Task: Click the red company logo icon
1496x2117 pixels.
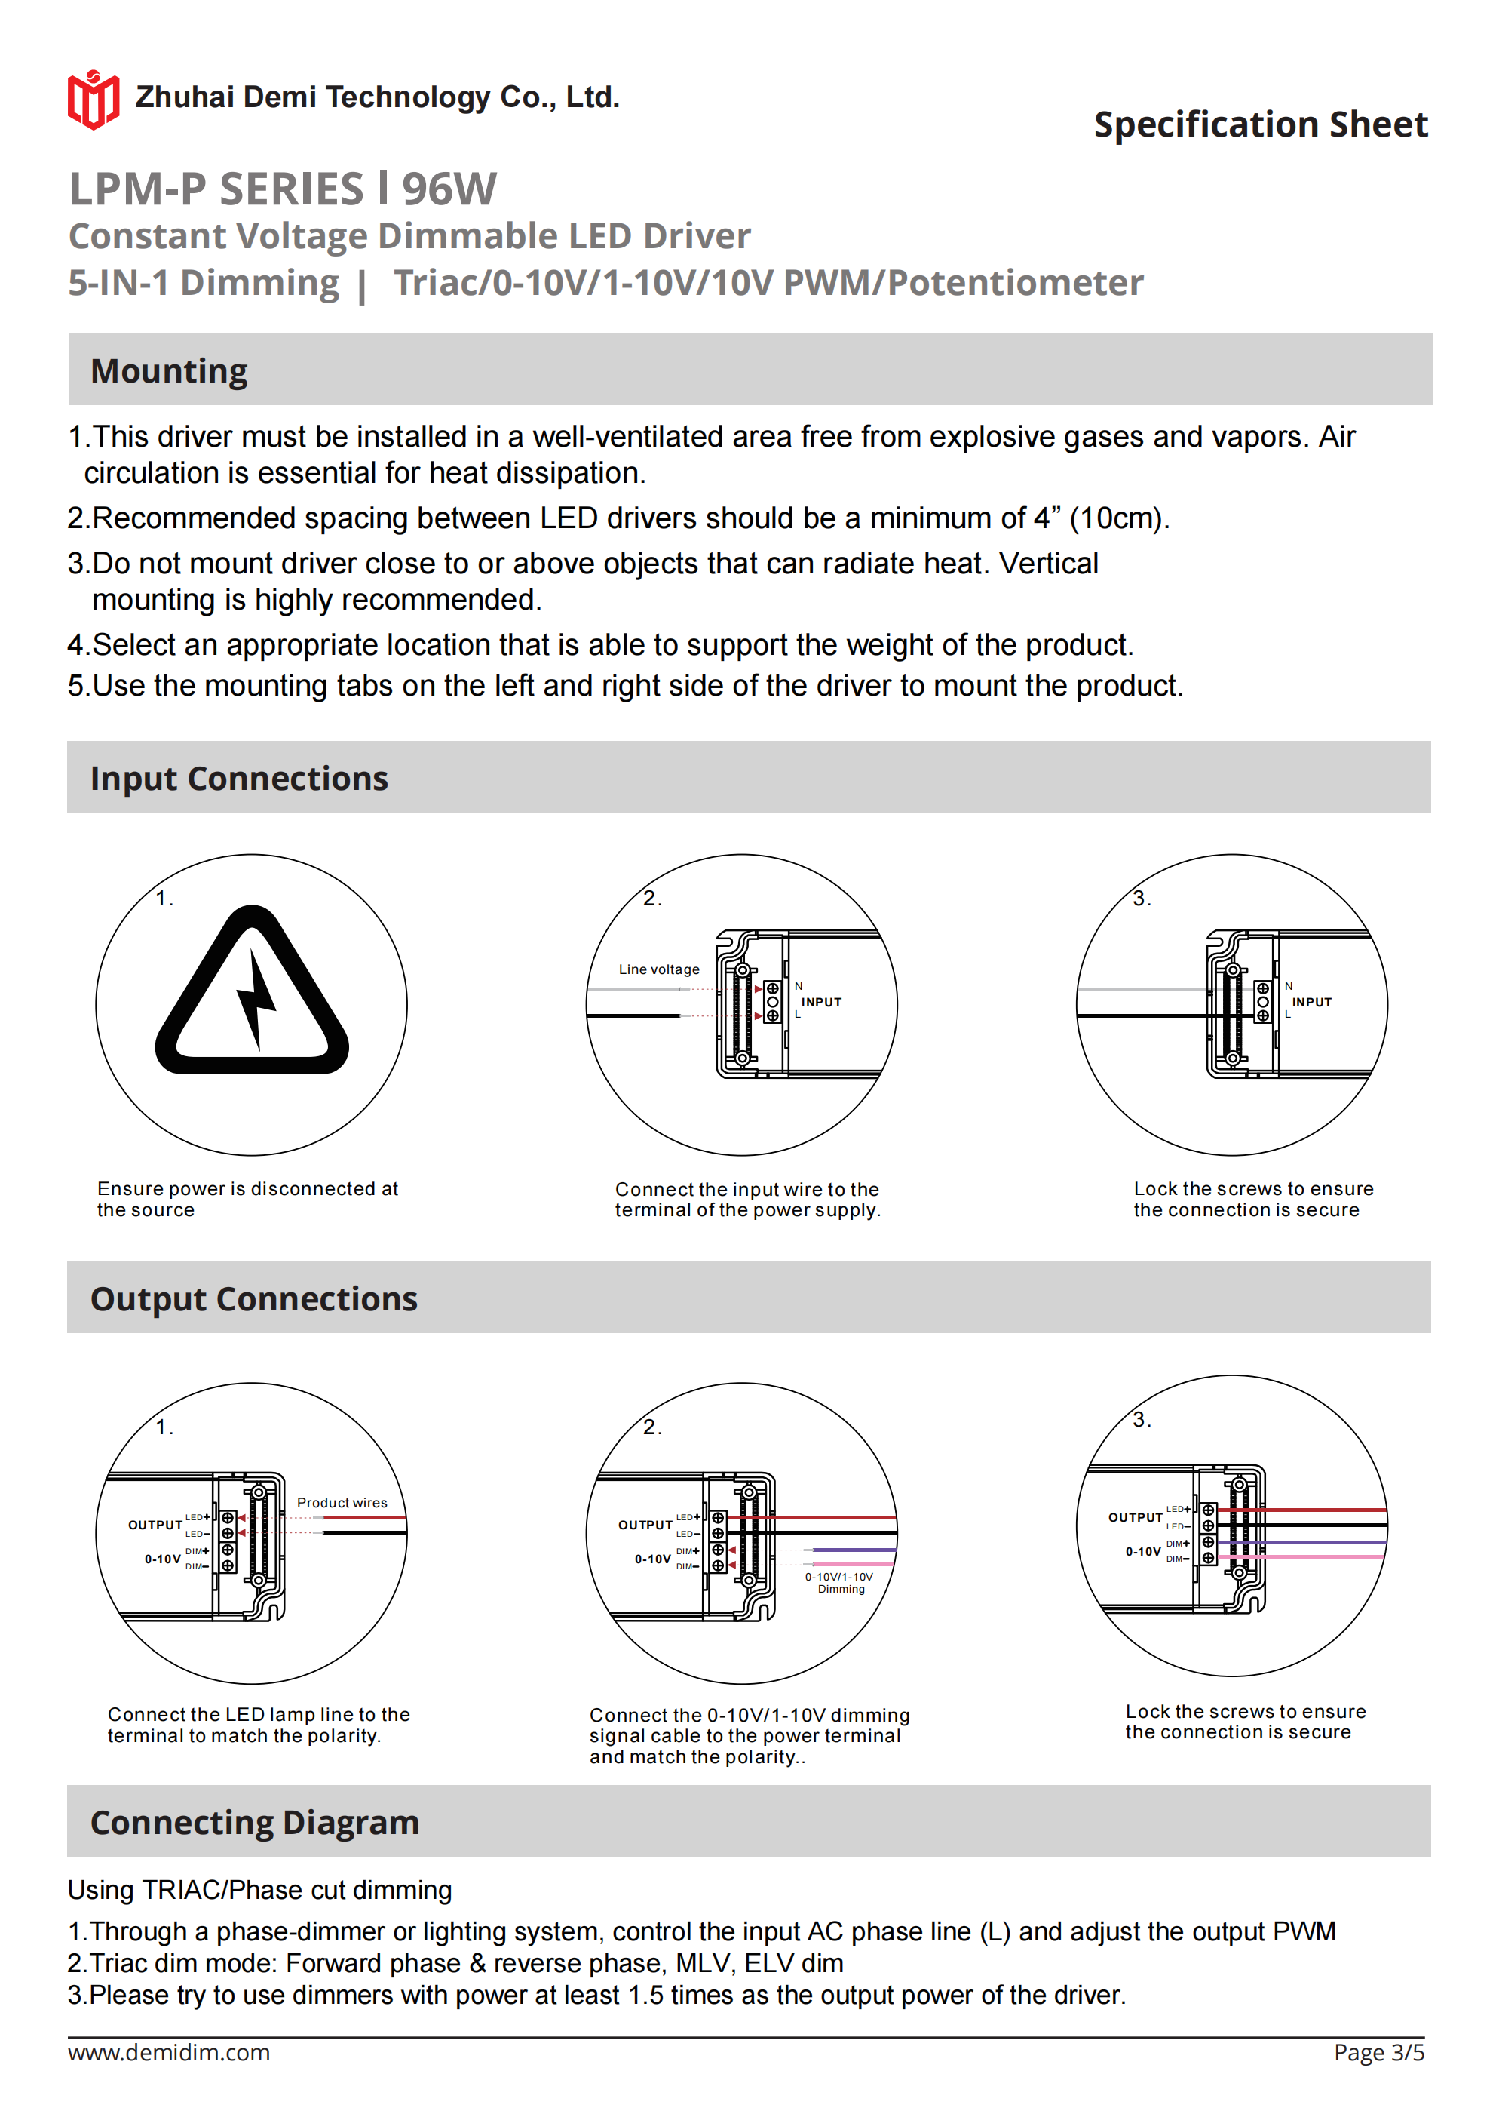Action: click(93, 99)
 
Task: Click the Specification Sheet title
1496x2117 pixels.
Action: click(1260, 124)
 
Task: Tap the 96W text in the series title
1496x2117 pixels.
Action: click(449, 190)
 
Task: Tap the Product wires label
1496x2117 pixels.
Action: click(342, 1502)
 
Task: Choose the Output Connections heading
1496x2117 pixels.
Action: click(253, 1298)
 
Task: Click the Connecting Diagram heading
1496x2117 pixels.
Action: click(254, 1822)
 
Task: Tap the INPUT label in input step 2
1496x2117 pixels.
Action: click(820, 1002)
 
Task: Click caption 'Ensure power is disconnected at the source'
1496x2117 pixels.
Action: click(247, 1199)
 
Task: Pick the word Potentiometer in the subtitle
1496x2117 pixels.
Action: click(1015, 283)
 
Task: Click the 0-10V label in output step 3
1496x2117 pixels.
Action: click(1143, 1552)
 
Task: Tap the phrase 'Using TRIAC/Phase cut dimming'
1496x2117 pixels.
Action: click(259, 1890)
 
